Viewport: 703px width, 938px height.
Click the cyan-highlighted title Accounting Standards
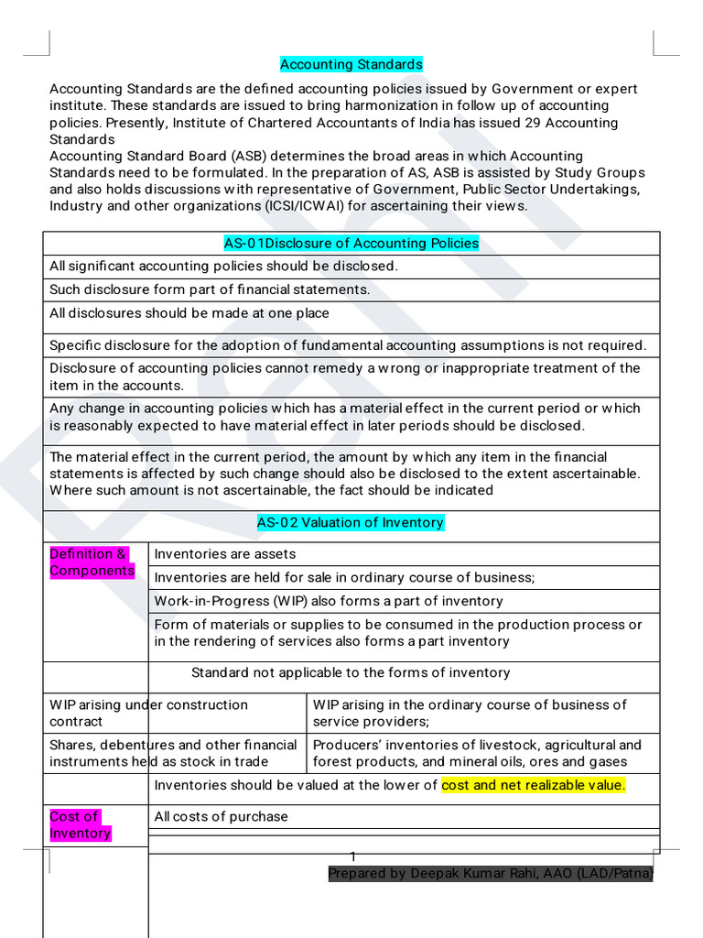point(351,64)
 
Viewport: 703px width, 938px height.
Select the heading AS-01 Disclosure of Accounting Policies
point(351,243)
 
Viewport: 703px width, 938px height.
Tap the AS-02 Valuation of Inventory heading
point(351,522)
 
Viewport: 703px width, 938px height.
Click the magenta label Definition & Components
point(91,562)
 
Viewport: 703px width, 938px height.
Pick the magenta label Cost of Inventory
point(80,824)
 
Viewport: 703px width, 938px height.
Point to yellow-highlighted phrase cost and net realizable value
point(533,785)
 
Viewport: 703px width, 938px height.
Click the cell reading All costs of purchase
point(221,816)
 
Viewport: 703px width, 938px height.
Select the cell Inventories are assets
point(225,553)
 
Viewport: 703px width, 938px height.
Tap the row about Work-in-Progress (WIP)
point(328,601)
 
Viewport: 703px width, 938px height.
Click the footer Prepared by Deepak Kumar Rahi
point(490,874)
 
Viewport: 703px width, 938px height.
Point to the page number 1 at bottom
point(351,856)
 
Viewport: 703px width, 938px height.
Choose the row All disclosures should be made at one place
point(189,313)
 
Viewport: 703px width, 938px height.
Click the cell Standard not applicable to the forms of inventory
point(351,672)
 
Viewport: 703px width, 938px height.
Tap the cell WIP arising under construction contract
point(148,713)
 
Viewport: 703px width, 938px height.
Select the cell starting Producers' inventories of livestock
point(476,753)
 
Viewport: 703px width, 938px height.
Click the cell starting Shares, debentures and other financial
point(173,753)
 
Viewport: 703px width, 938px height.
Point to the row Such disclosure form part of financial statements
point(210,289)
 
